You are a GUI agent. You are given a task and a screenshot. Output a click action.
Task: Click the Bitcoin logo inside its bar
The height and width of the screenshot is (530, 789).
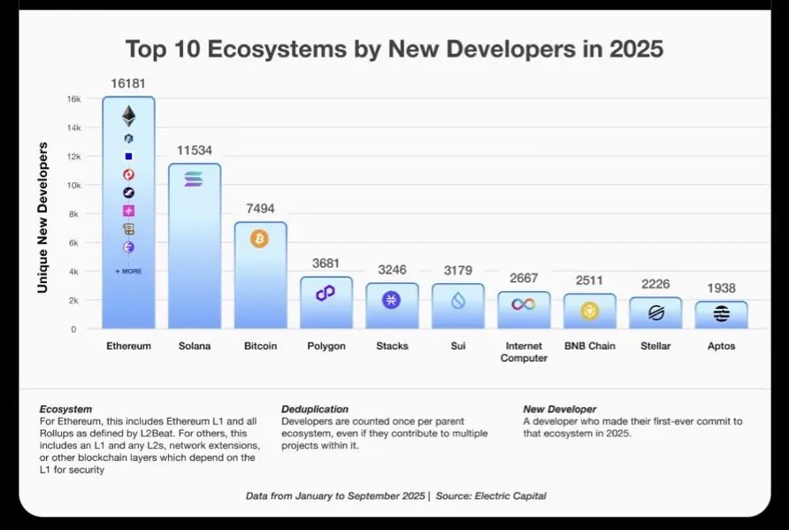click(x=259, y=238)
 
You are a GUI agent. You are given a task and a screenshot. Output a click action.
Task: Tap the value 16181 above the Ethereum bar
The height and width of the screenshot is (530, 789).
click(x=129, y=83)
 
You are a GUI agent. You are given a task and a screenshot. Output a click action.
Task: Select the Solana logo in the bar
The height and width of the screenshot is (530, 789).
click(x=194, y=179)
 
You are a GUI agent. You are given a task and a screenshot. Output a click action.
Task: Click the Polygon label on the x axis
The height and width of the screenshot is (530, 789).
click(x=326, y=346)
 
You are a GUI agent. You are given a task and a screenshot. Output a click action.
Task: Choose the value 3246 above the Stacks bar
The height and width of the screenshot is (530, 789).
click(x=392, y=270)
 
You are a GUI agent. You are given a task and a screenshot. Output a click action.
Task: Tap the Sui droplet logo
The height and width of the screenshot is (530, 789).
click(x=457, y=302)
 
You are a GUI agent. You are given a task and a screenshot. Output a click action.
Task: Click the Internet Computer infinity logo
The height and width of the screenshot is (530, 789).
click(x=524, y=304)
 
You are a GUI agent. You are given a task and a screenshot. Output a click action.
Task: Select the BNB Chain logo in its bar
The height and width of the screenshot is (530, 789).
click(x=589, y=311)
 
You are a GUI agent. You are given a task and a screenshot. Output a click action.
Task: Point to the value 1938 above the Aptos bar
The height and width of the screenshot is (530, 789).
click(x=721, y=288)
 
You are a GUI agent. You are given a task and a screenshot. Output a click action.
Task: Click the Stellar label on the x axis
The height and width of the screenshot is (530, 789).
click(x=655, y=346)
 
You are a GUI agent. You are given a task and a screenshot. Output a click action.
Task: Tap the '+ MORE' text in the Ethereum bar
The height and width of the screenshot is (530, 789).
click(x=129, y=271)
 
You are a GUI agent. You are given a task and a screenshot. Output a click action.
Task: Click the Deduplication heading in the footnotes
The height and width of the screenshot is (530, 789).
click(x=316, y=410)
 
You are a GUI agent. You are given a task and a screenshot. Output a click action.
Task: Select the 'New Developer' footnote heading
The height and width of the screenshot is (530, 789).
click(x=560, y=410)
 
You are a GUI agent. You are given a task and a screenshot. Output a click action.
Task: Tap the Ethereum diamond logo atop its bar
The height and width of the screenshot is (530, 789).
click(x=129, y=116)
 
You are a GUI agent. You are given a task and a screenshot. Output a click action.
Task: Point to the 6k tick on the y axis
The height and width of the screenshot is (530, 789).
click(x=76, y=242)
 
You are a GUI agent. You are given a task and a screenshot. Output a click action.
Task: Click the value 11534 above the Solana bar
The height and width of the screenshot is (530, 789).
click(x=195, y=150)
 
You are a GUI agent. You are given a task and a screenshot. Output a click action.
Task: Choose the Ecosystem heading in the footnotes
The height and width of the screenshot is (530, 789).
click(x=65, y=410)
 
